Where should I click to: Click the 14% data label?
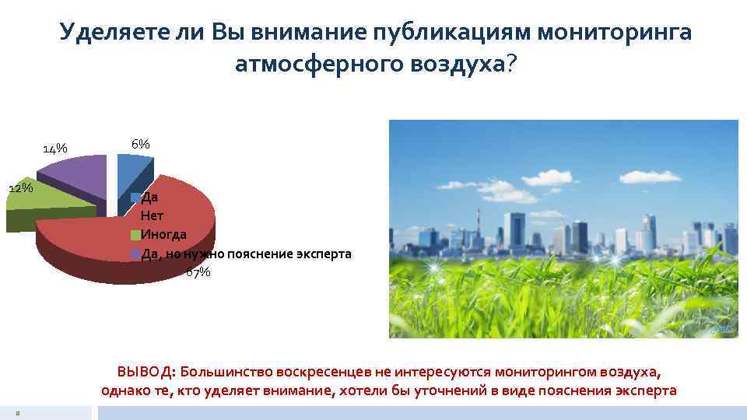[54, 148]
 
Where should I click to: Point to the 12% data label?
[20, 187]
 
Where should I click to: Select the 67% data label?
[198, 271]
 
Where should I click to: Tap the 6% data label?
[140, 144]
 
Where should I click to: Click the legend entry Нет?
[152, 215]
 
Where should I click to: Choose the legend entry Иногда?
[163, 234]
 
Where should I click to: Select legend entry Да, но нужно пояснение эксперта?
[246, 254]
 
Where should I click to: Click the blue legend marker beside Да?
[135, 198]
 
